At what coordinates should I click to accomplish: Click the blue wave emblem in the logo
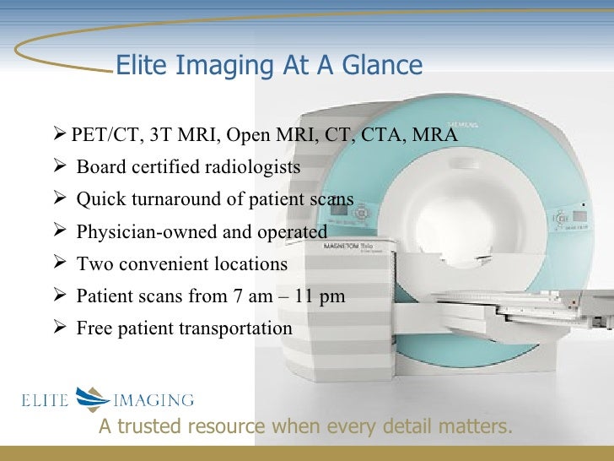(92, 399)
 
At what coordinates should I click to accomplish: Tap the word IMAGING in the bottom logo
(154, 399)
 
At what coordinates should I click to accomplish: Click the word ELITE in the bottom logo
(44, 399)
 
